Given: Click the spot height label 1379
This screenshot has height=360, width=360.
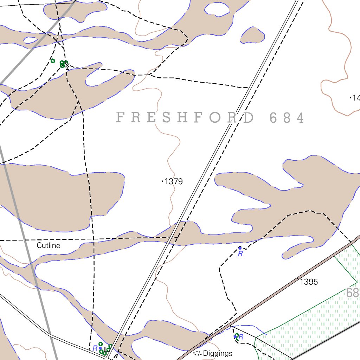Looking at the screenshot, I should tap(174, 181).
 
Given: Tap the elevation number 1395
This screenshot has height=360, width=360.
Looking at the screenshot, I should tap(309, 282).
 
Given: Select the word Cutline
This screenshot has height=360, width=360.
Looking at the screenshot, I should tap(49, 245).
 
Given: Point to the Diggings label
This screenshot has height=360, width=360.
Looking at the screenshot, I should tap(218, 353).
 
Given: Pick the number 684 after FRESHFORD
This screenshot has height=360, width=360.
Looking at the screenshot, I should tap(287, 118).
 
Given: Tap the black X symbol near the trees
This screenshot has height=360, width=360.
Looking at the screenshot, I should tap(67, 65).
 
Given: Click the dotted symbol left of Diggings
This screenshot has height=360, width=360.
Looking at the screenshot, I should tap(197, 353).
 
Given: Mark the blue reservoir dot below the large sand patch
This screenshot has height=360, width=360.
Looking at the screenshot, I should tap(240, 248).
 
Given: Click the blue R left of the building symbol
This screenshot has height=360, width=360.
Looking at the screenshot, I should tap(95, 348).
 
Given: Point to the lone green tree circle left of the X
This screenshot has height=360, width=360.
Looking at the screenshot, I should tap(53, 61).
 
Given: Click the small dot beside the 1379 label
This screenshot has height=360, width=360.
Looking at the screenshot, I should tap(162, 181).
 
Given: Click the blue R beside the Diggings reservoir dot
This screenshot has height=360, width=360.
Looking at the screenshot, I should tap(241, 337).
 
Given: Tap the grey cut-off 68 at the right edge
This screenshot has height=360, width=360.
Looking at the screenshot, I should tap(353, 293).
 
